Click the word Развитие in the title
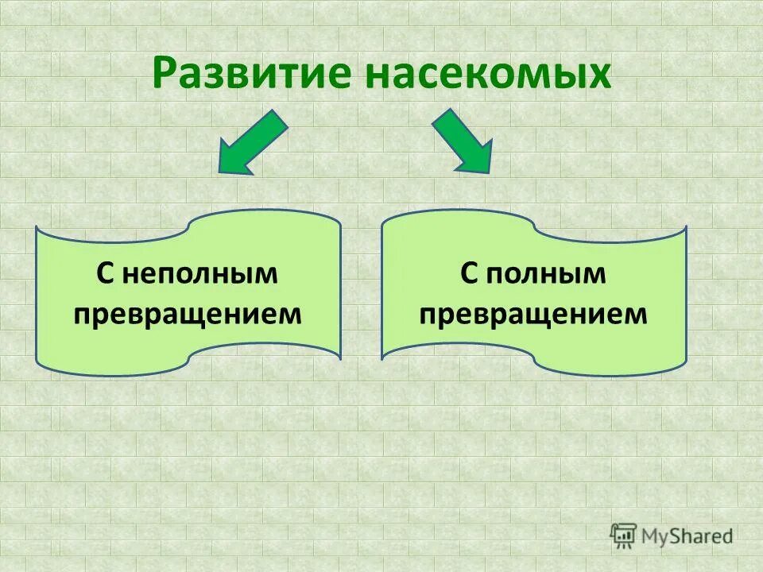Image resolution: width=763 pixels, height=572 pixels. (254, 73)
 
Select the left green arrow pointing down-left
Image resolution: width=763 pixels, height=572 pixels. (251, 142)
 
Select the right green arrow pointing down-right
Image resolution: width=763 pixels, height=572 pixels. (463, 141)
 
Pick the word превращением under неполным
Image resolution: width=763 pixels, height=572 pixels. (188, 314)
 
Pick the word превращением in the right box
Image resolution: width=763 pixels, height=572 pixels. (533, 314)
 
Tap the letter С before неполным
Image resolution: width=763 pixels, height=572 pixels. (107, 274)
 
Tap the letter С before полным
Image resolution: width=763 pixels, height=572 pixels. (470, 274)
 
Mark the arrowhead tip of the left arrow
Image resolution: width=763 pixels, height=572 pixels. (219, 172)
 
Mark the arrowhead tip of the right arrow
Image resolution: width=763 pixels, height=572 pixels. (490, 172)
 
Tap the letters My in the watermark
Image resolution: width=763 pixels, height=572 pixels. (656, 536)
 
